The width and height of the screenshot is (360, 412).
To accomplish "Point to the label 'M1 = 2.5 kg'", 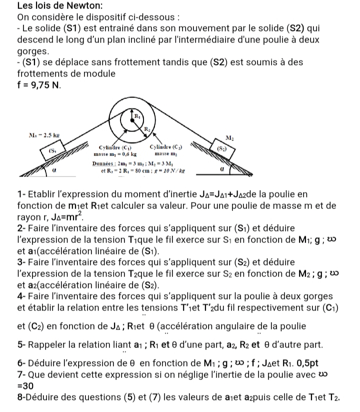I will (46, 135).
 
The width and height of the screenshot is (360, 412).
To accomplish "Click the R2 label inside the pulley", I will (147, 130).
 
